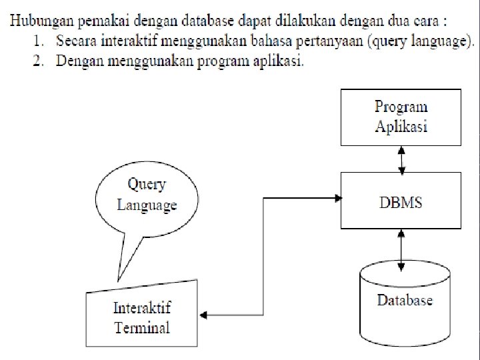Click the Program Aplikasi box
pyautogui.click(x=401, y=117)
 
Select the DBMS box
pyautogui.click(x=401, y=201)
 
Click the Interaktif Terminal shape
pyautogui.click(x=143, y=316)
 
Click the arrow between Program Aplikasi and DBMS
pyautogui.click(x=401, y=159)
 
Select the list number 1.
pyautogui.click(x=39, y=41)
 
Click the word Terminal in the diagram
pyautogui.click(x=142, y=327)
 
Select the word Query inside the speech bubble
pyautogui.click(x=147, y=184)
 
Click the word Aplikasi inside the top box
pyautogui.click(x=401, y=127)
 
